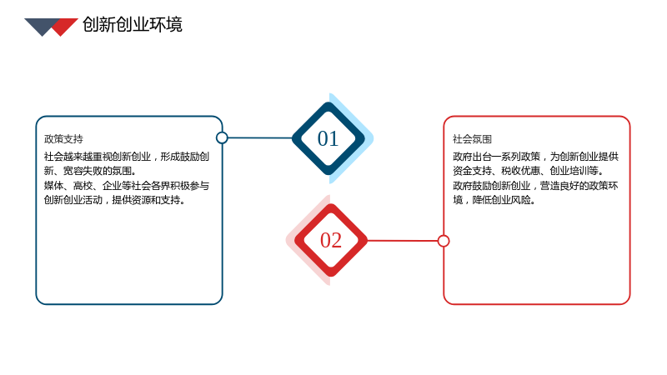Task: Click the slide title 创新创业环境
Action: coord(133,25)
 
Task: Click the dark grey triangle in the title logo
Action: coord(41,26)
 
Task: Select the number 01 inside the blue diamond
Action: coord(328,138)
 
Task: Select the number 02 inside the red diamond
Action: coord(331,240)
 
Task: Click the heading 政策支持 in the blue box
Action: coord(63,139)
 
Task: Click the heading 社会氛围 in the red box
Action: coord(472,139)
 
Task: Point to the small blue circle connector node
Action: coord(222,137)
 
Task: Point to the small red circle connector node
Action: coord(444,241)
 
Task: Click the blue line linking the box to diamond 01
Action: coord(260,137)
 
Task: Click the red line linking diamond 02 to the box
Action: coord(403,241)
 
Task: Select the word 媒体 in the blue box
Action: coord(53,186)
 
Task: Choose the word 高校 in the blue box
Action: coord(83,186)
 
